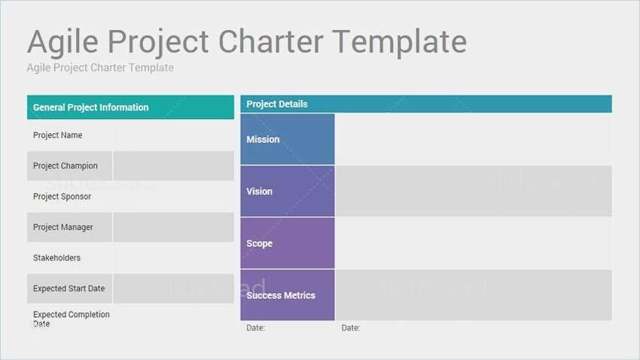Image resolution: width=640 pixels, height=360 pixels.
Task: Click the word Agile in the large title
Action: [x=62, y=42]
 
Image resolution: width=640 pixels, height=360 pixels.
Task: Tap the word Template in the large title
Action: [x=400, y=42]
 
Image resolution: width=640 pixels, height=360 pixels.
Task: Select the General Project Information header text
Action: [x=90, y=108]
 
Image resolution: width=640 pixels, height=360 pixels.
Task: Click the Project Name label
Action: [x=57, y=135]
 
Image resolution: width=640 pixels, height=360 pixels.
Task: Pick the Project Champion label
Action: [x=66, y=166]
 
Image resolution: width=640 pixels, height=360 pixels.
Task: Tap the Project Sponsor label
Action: [x=62, y=197]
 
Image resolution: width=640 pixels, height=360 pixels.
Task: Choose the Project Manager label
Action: [x=62, y=227]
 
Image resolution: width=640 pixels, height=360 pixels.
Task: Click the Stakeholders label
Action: [x=56, y=258]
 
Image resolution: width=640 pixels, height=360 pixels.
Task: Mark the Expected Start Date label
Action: [x=69, y=288]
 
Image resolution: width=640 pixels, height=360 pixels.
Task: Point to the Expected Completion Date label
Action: [x=72, y=319]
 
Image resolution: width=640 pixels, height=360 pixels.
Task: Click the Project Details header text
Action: [x=277, y=104]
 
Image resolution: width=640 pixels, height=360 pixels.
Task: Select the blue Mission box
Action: [x=288, y=139]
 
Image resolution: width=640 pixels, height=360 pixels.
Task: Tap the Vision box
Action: [x=288, y=191]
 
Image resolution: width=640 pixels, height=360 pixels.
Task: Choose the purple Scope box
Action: [x=288, y=243]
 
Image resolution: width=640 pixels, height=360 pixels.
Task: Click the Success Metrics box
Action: [x=288, y=294]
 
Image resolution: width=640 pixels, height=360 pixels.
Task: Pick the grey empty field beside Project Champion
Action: [x=173, y=166]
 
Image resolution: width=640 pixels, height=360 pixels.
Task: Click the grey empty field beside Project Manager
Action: [x=173, y=227]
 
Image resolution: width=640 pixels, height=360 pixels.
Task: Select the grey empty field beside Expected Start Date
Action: [x=173, y=288]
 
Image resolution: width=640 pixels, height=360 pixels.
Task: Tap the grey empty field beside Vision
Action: [x=474, y=191]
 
